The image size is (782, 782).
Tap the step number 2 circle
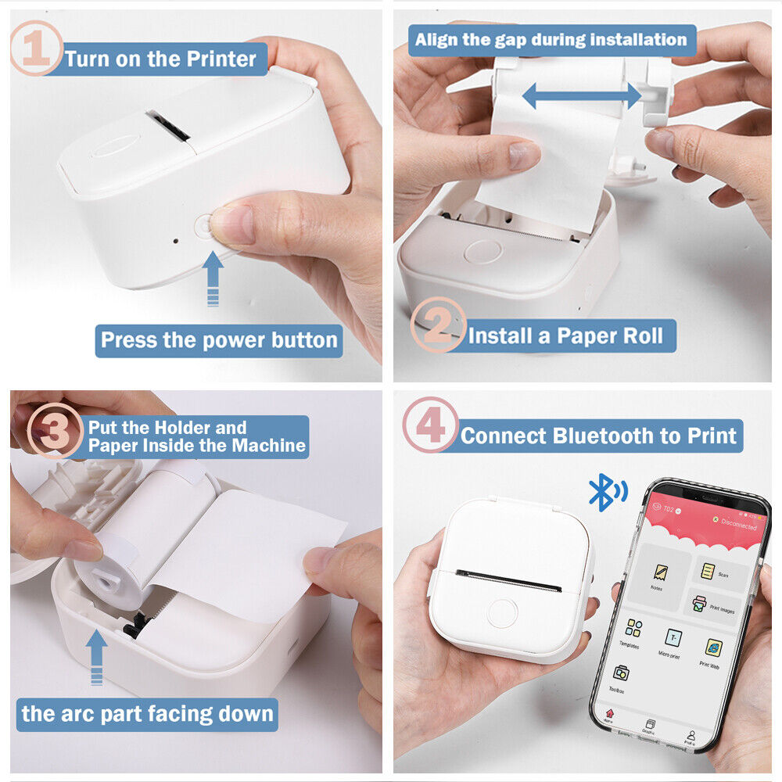pyautogui.click(x=438, y=325)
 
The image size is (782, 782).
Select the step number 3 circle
pyautogui.click(x=55, y=430)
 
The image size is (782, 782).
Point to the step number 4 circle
pyautogui.click(x=430, y=425)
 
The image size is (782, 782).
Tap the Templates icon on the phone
pyautogui.click(x=634, y=630)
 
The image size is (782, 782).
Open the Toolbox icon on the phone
pyautogui.click(x=622, y=673)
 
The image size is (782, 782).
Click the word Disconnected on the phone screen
pyautogui.click(x=738, y=525)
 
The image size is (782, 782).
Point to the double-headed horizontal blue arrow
pyautogui.click(x=582, y=96)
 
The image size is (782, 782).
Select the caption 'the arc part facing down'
pyautogui.click(x=147, y=713)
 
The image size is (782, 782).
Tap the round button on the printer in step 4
pyautogui.click(x=502, y=612)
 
